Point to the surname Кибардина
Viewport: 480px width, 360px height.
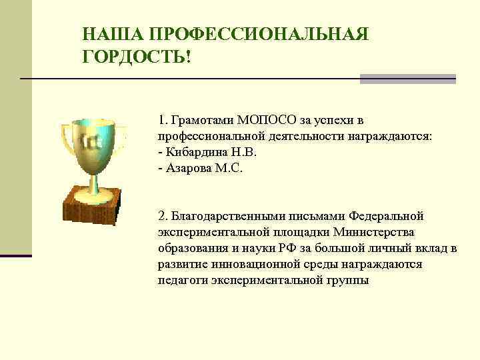point(196,152)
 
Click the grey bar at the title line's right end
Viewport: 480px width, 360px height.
point(407,79)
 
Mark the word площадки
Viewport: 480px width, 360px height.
point(297,233)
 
